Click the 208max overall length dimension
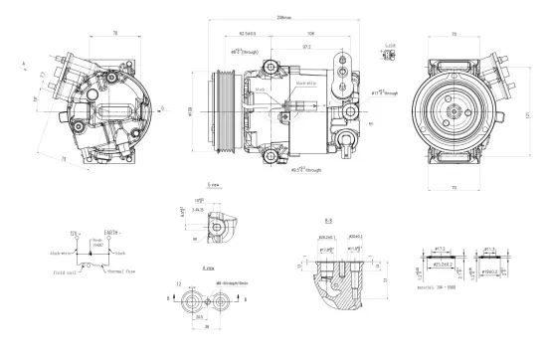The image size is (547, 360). (284, 18)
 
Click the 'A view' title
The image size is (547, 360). (208, 269)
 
